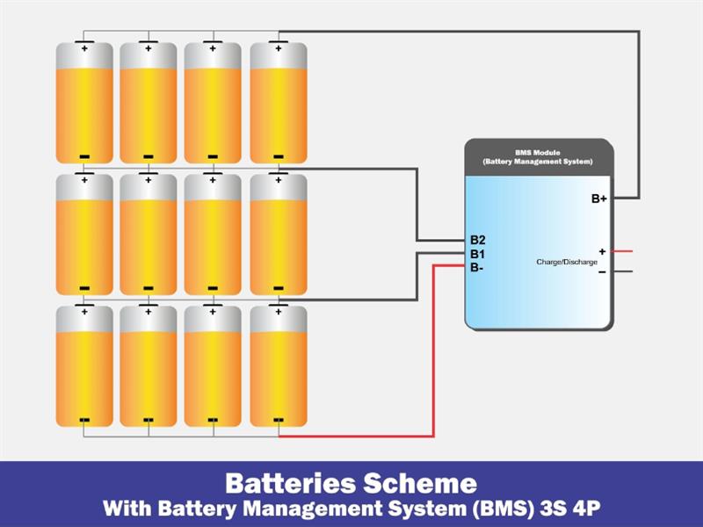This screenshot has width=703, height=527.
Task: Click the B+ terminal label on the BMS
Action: [598, 199]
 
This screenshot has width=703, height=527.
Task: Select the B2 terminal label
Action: [477, 240]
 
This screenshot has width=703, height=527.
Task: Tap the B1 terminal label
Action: [477, 254]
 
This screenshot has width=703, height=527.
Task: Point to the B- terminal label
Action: [476, 267]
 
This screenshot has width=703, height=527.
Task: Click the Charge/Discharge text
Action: [566, 262]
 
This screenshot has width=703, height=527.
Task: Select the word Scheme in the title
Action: [424, 482]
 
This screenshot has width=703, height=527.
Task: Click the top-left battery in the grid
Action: [84, 103]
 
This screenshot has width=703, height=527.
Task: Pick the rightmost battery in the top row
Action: [279, 103]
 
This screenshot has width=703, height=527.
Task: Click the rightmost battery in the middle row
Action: [279, 235]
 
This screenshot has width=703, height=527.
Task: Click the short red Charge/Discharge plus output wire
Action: [622, 251]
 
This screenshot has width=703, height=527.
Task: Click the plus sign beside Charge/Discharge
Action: [602, 251]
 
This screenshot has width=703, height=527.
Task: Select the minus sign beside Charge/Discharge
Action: [602, 271]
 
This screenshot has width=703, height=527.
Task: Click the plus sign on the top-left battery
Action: [84, 48]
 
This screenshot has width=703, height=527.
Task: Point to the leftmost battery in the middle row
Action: [84, 235]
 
